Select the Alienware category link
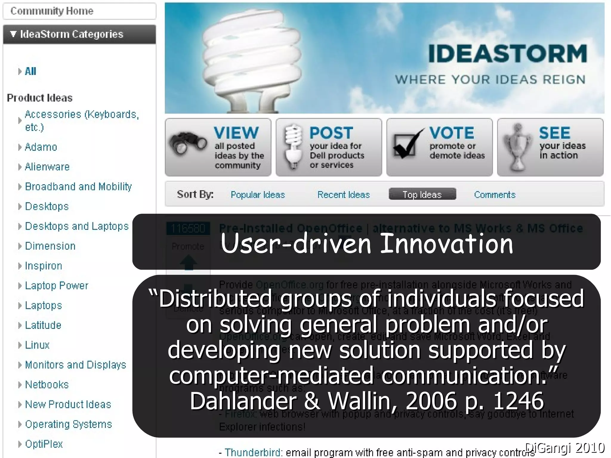coord(47,167)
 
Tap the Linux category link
coord(37,345)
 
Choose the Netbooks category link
coord(47,385)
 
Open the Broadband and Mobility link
coord(78,187)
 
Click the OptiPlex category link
coord(44,444)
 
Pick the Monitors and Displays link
coord(75,365)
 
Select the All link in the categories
coord(30,71)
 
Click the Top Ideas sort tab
coord(422,194)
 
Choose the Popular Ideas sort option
coord(258,195)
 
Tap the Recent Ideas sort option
coord(343,195)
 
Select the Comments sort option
coord(495,195)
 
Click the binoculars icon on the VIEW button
coord(187,144)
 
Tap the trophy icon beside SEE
coord(518,147)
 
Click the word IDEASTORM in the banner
coord(507,54)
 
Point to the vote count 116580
coord(188,229)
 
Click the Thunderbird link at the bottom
coord(252,452)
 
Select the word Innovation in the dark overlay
coord(447,244)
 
